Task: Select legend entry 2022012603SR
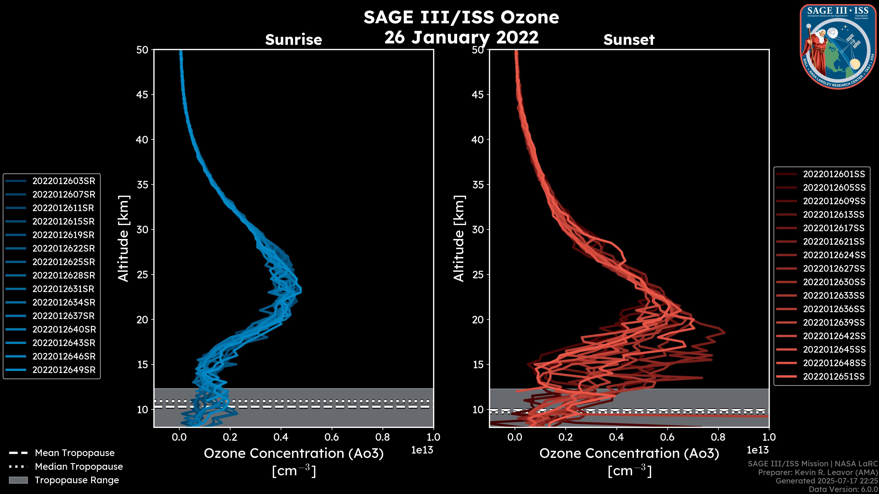point(63,181)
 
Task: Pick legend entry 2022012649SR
point(63,370)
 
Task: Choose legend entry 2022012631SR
point(63,289)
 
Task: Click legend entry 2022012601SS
point(834,174)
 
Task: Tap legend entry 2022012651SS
point(834,376)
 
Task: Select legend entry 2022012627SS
point(834,269)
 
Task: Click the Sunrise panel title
point(293,40)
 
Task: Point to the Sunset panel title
point(629,40)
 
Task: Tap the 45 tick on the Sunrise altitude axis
point(142,95)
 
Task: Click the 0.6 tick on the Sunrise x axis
point(332,437)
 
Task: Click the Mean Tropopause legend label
point(75,453)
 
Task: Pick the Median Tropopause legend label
point(79,467)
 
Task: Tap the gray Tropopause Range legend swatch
point(18,480)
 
